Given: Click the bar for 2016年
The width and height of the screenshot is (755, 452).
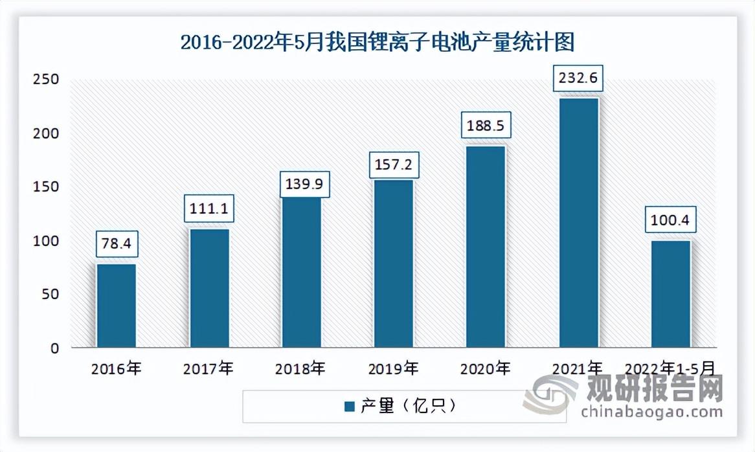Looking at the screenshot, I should pos(117,305).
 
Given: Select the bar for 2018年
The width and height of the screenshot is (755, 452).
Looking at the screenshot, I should pos(301,272).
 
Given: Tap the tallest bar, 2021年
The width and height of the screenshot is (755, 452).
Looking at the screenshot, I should pos(578,222).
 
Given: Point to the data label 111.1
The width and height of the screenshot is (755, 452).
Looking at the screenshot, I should pos(208,208).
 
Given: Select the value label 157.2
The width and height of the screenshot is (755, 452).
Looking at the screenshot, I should pos(394,166).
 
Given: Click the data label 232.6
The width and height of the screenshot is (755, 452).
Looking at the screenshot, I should pos(578,78).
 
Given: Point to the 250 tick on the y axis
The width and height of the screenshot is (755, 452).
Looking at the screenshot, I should pos(47,79).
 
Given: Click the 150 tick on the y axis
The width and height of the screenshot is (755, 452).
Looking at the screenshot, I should pos(47,186).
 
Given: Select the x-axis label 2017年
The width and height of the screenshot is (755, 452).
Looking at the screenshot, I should pos(208,369).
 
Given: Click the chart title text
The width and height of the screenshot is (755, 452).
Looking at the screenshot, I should pos(377,43).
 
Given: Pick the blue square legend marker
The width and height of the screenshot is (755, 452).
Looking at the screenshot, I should pos(349,407).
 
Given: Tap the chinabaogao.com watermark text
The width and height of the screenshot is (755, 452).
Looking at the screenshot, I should pos(651,411).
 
